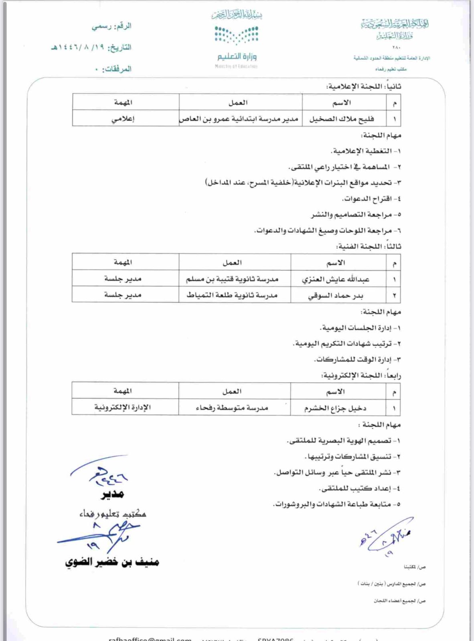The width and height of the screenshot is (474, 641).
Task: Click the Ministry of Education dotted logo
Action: (x=237, y=35)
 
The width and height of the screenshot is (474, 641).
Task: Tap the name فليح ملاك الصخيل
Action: (x=341, y=119)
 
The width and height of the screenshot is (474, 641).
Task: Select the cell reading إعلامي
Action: (x=123, y=119)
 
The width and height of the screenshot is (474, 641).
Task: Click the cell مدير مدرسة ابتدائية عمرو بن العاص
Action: (x=239, y=119)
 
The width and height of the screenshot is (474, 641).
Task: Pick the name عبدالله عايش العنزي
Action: (x=336, y=279)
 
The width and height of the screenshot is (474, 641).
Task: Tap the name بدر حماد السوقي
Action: (x=336, y=296)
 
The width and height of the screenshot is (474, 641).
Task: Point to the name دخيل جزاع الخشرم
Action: (x=335, y=408)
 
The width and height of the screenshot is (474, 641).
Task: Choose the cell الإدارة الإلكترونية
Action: (x=123, y=407)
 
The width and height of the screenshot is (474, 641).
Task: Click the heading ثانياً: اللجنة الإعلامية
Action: (x=364, y=86)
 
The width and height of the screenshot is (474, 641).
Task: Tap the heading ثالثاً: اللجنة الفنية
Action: (x=369, y=246)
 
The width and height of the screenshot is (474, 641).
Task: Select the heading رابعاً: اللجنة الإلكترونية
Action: (x=361, y=375)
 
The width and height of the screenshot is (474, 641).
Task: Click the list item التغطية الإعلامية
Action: (x=366, y=151)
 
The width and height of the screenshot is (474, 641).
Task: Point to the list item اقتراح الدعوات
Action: (x=371, y=199)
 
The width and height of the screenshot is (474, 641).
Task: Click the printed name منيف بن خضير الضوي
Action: (x=112, y=562)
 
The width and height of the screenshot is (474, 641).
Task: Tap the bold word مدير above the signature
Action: (x=112, y=494)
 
